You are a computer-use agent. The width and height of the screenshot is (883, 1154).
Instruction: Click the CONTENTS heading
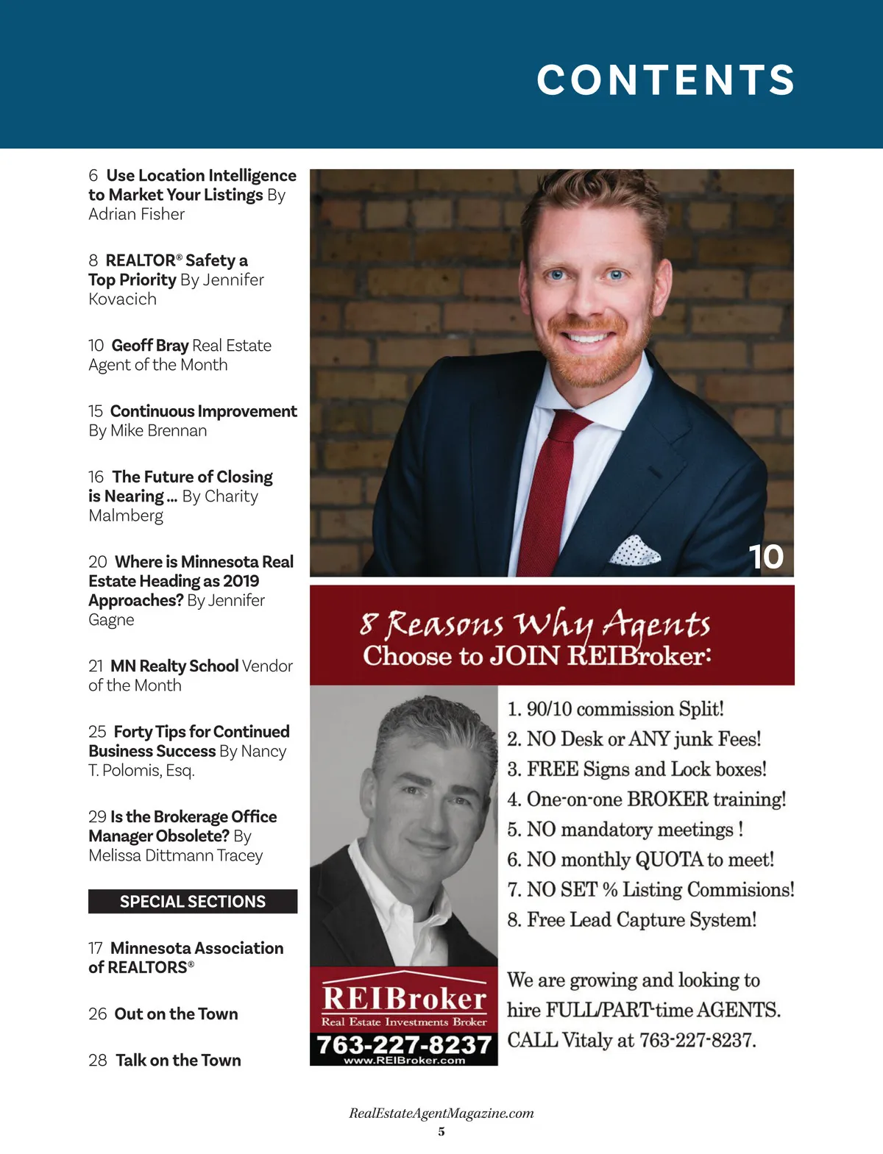[665, 79]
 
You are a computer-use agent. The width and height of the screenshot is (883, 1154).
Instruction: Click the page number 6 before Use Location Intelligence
[93, 176]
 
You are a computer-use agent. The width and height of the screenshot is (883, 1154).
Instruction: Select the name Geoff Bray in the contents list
[150, 346]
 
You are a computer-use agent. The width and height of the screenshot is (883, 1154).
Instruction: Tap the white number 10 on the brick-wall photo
[765, 557]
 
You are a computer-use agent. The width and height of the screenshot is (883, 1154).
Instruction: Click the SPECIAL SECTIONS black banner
[193, 902]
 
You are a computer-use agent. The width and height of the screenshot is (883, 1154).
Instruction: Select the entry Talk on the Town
[178, 1061]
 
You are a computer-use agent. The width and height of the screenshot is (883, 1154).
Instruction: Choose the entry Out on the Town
[176, 1014]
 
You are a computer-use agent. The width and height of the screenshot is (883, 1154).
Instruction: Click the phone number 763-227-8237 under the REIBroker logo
[403, 1044]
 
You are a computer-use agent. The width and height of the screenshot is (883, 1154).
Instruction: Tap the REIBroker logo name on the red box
[404, 999]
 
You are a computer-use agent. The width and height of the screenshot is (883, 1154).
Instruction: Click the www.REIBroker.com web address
[404, 1061]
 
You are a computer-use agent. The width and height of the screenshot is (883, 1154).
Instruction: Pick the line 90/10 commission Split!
[617, 709]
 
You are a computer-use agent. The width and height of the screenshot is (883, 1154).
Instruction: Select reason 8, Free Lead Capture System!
[633, 920]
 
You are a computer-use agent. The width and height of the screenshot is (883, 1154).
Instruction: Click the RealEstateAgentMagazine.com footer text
[441, 1114]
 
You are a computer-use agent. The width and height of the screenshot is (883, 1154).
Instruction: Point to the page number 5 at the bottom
[441, 1132]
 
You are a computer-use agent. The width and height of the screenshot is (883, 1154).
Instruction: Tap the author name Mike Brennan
[158, 431]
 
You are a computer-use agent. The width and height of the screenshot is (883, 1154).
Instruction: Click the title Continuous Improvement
[203, 411]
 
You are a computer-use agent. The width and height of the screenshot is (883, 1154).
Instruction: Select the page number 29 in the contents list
[97, 817]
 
